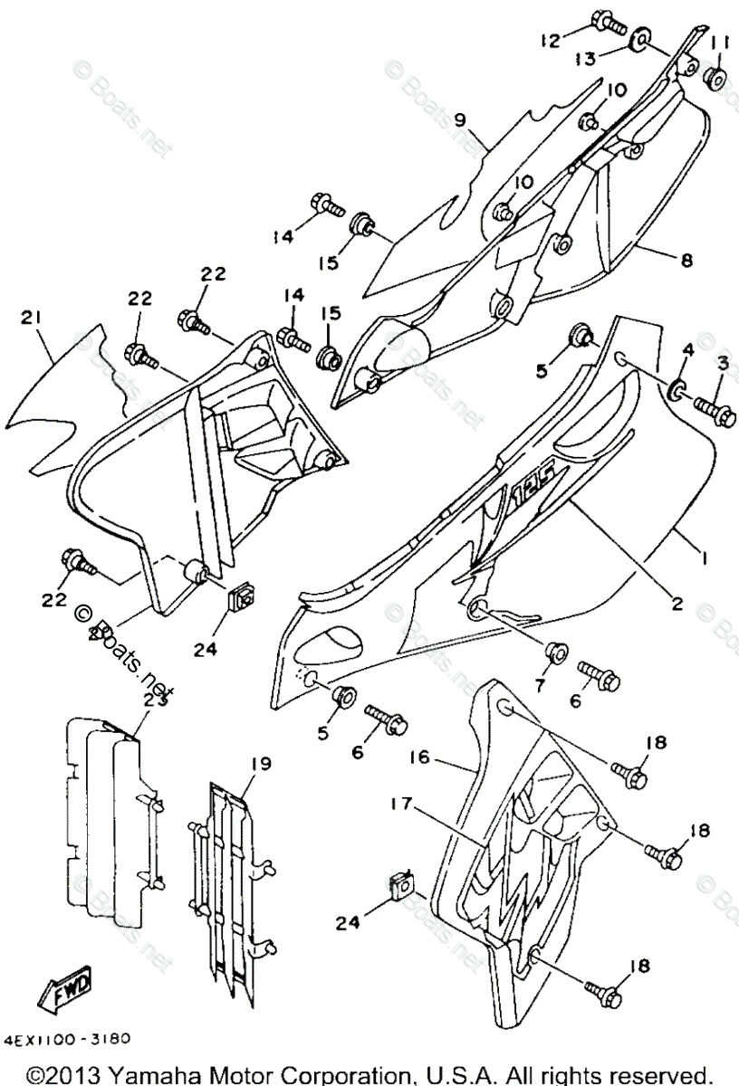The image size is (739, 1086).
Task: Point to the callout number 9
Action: click(x=460, y=119)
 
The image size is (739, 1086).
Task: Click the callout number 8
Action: click(x=686, y=259)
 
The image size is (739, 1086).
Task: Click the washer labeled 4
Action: click(x=677, y=391)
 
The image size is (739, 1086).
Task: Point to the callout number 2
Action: click(x=676, y=605)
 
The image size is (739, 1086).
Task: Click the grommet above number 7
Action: click(x=552, y=652)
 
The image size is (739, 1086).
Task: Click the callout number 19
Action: click(x=260, y=765)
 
